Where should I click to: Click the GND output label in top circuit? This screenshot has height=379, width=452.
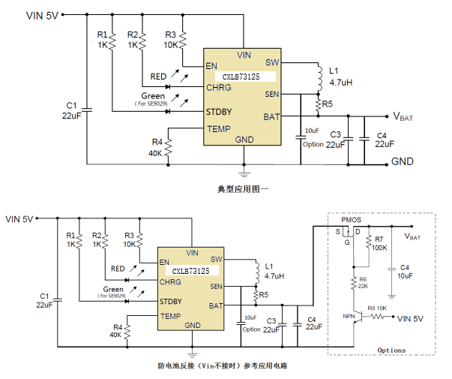click(x=403, y=161)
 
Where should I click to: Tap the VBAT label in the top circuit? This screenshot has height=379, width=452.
click(x=403, y=116)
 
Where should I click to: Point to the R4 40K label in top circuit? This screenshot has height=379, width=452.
click(x=156, y=147)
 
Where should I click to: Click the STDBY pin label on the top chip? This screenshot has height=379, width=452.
click(x=220, y=112)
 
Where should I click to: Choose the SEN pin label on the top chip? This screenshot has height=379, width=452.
click(x=272, y=94)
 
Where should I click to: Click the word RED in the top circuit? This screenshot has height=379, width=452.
click(x=158, y=77)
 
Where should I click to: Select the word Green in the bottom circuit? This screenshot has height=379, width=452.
click(x=113, y=289)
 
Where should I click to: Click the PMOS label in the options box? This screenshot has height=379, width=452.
click(x=351, y=220)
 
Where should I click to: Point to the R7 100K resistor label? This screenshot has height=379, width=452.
click(x=379, y=243)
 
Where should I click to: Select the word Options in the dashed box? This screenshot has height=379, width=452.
click(x=391, y=350)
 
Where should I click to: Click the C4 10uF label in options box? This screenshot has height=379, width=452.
click(x=405, y=272)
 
